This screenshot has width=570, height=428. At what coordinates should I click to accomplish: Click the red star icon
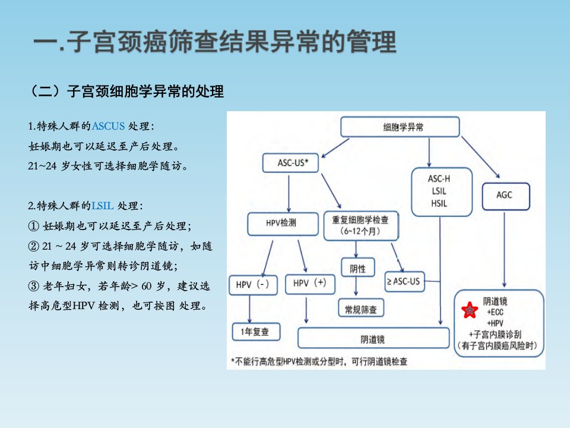tap(470, 310)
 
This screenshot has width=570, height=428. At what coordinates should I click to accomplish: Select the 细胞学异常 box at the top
tap(400, 127)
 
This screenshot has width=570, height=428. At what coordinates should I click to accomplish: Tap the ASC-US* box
tap(290, 163)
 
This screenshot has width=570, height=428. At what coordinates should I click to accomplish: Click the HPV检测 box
tap(283, 224)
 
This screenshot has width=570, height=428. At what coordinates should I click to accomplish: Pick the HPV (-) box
tap(254, 285)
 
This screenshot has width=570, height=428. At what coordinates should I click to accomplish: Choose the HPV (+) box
tap(310, 284)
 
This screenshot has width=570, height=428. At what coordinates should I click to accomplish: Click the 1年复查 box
tap(256, 332)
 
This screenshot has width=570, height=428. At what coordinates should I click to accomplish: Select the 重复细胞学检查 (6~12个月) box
tap(361, 226)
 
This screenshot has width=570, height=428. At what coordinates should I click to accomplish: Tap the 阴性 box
tap(357, 268)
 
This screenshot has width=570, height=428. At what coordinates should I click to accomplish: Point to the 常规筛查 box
tap(361, 309)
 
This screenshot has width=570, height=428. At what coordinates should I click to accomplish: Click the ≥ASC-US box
tap(404, 281)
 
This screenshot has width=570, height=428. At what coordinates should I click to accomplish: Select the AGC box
tap(506, 196)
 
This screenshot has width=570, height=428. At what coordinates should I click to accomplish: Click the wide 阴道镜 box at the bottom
tap(373, 338)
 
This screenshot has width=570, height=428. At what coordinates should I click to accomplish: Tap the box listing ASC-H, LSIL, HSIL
tap(442, 192)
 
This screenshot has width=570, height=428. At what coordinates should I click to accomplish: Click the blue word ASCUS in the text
tap(108, 126)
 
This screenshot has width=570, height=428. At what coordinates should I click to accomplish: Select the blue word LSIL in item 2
tap(103, 206)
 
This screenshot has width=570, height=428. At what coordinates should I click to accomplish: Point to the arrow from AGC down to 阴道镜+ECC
tap(504, 250)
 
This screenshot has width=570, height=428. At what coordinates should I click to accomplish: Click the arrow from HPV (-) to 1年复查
tap(250, 309)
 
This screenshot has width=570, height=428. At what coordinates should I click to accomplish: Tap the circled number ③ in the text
tap(33, 286)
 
